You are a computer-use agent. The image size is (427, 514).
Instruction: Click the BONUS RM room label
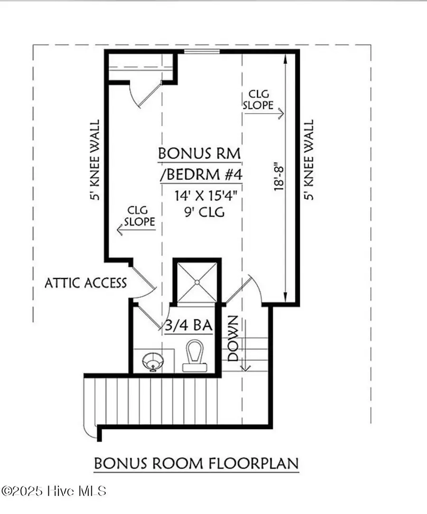199,154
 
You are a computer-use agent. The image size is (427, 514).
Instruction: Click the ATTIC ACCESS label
86,283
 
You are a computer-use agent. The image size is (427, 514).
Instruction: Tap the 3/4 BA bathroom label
188,326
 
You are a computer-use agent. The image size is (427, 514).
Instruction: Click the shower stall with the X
196,282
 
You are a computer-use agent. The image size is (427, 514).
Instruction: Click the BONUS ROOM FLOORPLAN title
196,463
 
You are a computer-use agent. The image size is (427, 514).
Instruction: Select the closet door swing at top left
142,95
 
